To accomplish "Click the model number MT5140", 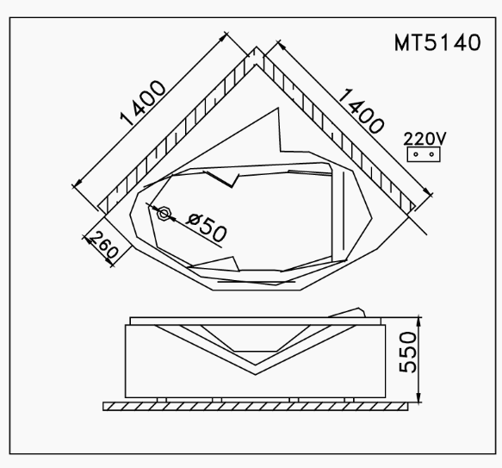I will pos(437,43).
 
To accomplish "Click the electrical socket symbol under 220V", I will pos(422,153).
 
